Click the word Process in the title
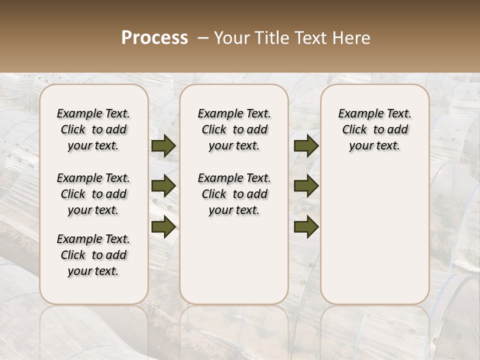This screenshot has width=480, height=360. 154,38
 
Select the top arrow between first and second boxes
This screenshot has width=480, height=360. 163,146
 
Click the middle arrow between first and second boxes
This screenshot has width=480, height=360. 163,186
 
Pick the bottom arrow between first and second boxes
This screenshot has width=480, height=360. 163,226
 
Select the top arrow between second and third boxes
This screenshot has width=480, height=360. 306,146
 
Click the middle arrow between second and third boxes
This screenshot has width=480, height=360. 306,186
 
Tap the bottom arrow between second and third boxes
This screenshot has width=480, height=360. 306,226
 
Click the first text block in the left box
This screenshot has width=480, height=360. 93,129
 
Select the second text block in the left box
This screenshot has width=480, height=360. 93,194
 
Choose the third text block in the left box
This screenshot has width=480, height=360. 93,255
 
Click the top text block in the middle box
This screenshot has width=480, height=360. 234,129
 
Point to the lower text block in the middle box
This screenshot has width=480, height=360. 234,194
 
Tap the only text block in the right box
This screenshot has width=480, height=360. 374,129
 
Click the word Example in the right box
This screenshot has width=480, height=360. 357,114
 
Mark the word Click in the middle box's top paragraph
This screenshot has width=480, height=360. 214,130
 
